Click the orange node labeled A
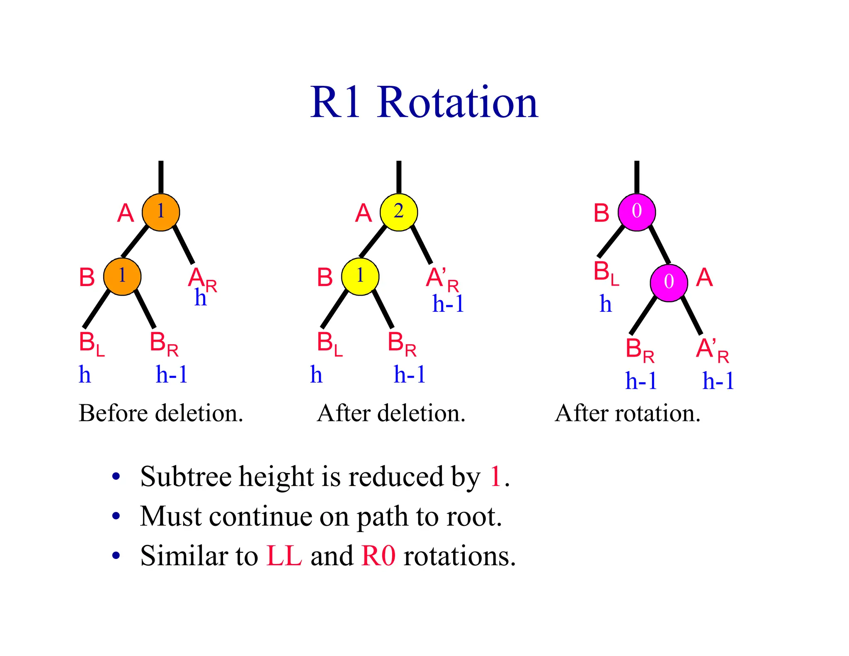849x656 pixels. (x=161, y=212)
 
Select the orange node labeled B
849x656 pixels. (x=122, y=277)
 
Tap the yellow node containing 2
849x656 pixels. (x=398, y=212)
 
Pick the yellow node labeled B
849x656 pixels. (x=360, y=277)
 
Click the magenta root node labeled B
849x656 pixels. (x=636, y=212)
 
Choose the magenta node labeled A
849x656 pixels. (x=669, y=283)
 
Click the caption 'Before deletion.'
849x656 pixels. (x=161, y=413)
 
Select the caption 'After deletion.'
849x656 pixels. (x=391, y=413)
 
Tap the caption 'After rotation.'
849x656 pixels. (x=628, y=413)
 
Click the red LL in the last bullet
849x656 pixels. (x=284, y=556)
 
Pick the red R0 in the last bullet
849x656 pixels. (x=378, y=556)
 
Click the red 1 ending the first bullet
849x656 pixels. (x=495, y=476)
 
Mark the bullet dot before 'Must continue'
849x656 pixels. (x=116, y=516)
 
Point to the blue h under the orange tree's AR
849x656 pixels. (x=200, y=298)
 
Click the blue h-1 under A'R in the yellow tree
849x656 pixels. (x=448, y=304)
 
